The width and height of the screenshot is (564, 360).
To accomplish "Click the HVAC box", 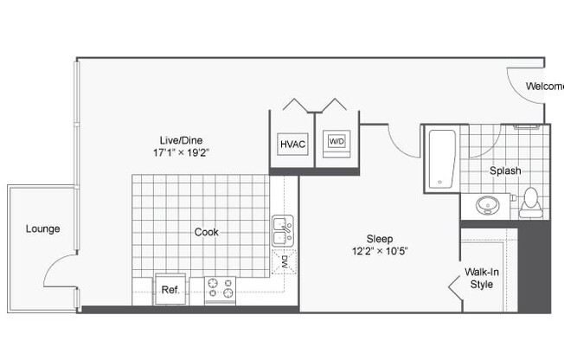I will (x=292, y=144).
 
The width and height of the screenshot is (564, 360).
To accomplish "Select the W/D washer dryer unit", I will (x=335, y=142).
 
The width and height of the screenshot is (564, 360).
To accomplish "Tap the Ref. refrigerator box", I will (x=170, y=289).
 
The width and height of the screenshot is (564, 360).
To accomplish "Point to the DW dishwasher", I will (x=284, y=262).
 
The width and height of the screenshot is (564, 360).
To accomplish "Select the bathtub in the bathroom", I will (x=441, y=158).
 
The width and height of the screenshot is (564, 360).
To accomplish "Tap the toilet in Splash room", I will (x=530, y=201).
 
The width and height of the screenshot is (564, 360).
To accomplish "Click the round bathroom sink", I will (x=485, y=206).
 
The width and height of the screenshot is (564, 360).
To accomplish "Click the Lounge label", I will (x=42, y=229).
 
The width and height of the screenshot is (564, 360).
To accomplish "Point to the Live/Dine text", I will (x=181, y=140).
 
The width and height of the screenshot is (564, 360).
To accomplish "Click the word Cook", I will (x=206, y=232).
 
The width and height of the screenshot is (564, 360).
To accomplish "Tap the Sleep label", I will (x=380, y=239).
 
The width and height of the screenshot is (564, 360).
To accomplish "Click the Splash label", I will (x=504, y=171).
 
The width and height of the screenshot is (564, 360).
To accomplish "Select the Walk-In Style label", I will (x=481, y=278).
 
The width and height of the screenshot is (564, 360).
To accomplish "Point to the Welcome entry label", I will (x=544, y=87).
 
